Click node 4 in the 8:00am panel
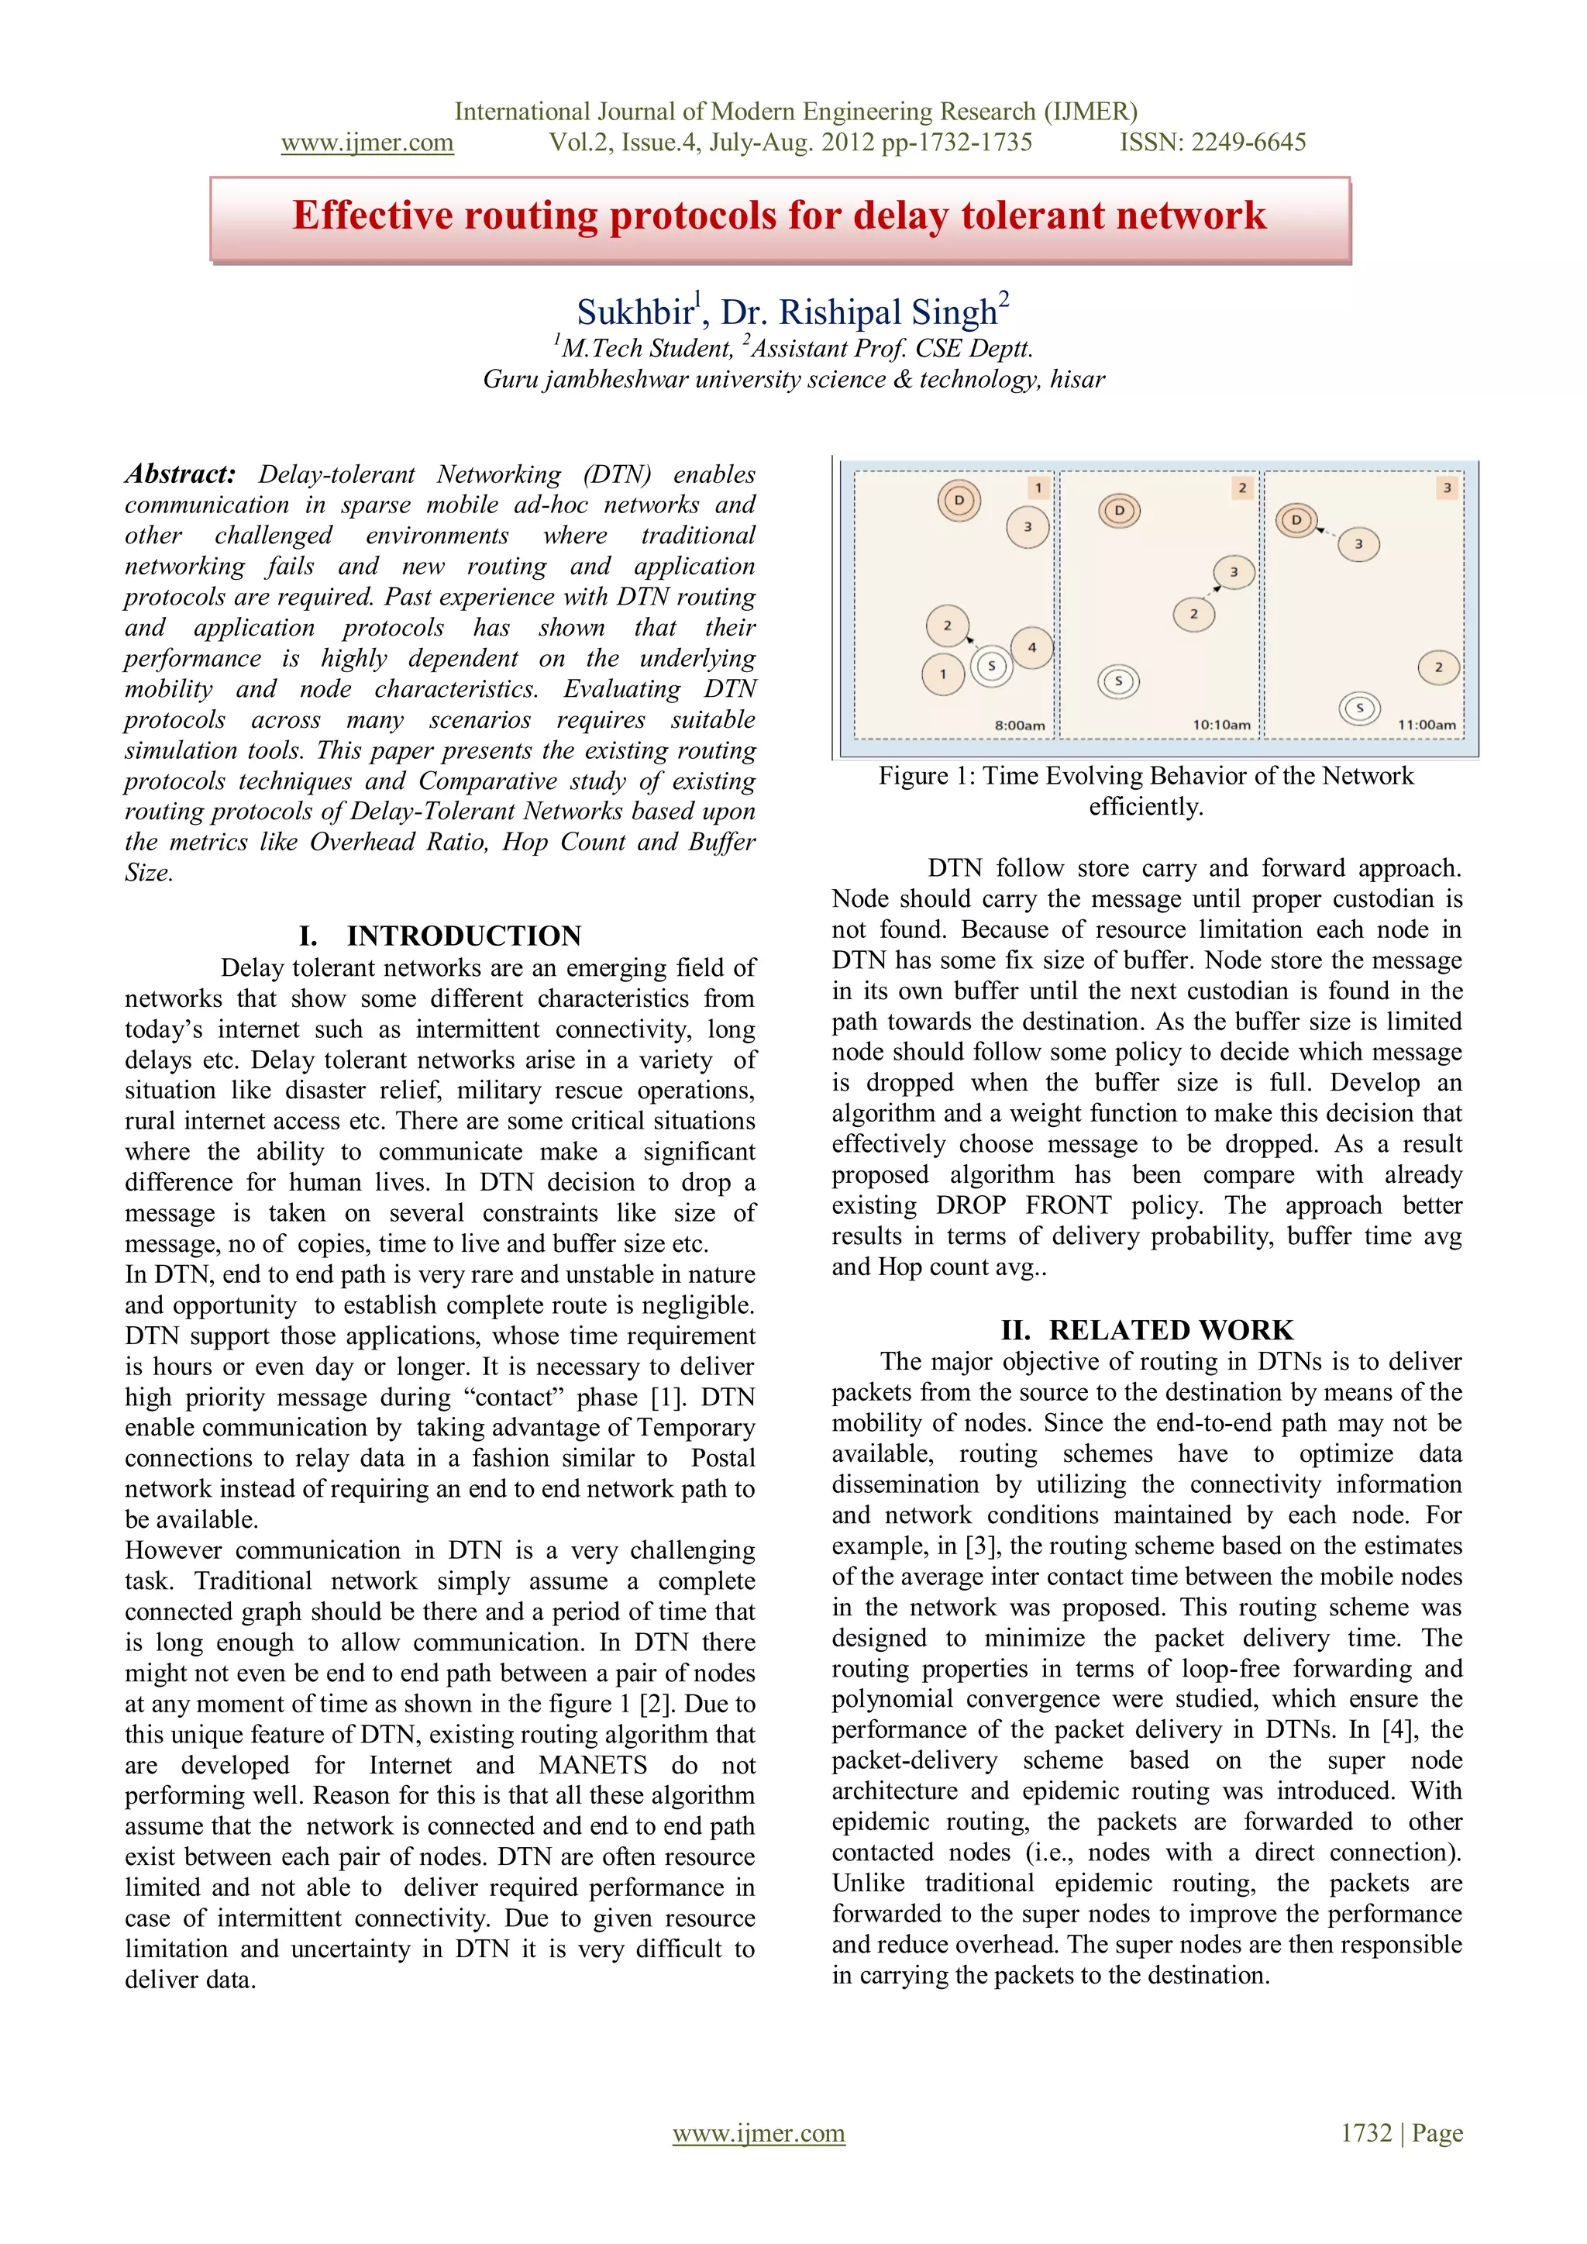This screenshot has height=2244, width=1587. coord(1032,647)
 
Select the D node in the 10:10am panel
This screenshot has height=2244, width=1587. coord(1120,511)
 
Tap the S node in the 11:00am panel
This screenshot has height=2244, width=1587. coord(1359,708)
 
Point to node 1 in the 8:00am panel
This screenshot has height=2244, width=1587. coord(943,674)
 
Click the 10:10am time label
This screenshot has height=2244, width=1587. coord(1220,724)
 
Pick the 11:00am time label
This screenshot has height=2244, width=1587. coord(1426,724)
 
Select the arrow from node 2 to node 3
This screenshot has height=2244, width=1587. coord(1213,592)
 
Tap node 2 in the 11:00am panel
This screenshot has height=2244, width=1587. coord(1437,667)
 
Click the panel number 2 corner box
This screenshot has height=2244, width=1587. coord(1242,488)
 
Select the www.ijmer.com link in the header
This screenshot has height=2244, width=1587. coord(367,143)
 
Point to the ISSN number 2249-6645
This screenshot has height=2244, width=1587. coord(1251,143)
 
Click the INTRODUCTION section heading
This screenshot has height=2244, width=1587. coord(463,936)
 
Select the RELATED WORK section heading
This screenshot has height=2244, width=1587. coord(1170,1330)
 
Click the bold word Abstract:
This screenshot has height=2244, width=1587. coord(181,474)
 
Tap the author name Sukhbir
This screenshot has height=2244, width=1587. coord(633,312)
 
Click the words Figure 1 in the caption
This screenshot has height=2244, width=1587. coord(924,776)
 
